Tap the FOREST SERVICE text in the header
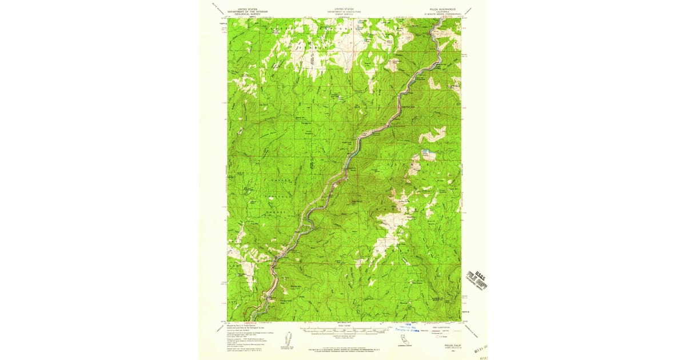click(x=344, y=14)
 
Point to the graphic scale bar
click(x=344, y=330)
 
